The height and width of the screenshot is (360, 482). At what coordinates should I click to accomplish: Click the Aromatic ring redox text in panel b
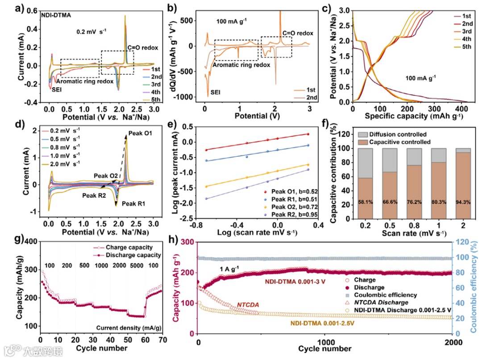(x=241, y=65)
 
